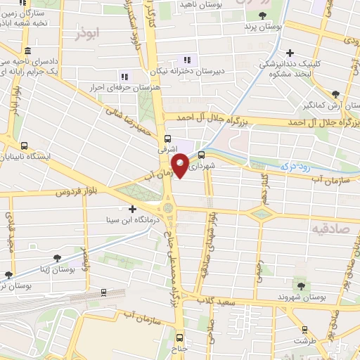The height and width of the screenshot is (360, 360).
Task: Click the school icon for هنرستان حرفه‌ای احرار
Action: pos(124,77)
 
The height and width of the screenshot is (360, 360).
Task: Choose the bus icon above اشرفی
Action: pos(167,139)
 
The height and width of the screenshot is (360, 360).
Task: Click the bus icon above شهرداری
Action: pos(202,155)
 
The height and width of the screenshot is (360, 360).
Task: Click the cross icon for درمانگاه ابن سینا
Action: pos(133,208)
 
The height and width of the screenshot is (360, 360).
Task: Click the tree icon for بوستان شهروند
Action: pos(301,285)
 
